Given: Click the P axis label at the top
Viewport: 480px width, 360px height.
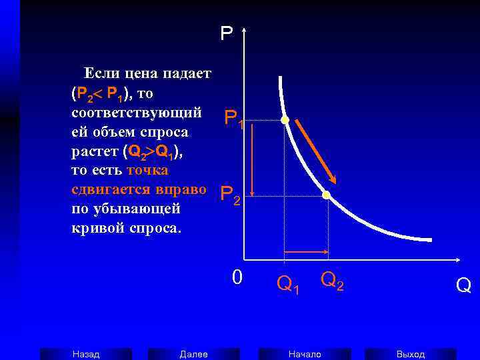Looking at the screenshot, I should [x=227, y=33].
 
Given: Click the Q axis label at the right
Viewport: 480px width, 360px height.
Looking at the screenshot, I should [x=463, y=285].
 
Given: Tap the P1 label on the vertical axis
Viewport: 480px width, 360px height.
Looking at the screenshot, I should [x=234, y=119].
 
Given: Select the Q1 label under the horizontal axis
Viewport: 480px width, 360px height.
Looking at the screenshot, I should [x=288, y=285].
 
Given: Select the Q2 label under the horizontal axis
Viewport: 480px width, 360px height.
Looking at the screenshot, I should [x=332, y=281].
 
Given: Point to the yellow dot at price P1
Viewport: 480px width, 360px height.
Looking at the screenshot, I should [x=285, y=120].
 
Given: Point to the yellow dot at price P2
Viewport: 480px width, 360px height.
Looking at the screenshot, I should [x=327, y=195].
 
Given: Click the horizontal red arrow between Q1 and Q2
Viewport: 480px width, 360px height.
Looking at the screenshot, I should [x=306, y=251].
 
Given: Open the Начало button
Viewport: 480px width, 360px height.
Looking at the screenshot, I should [x=305, y=354].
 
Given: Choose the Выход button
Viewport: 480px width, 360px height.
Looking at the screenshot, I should [x=411, y=354].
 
